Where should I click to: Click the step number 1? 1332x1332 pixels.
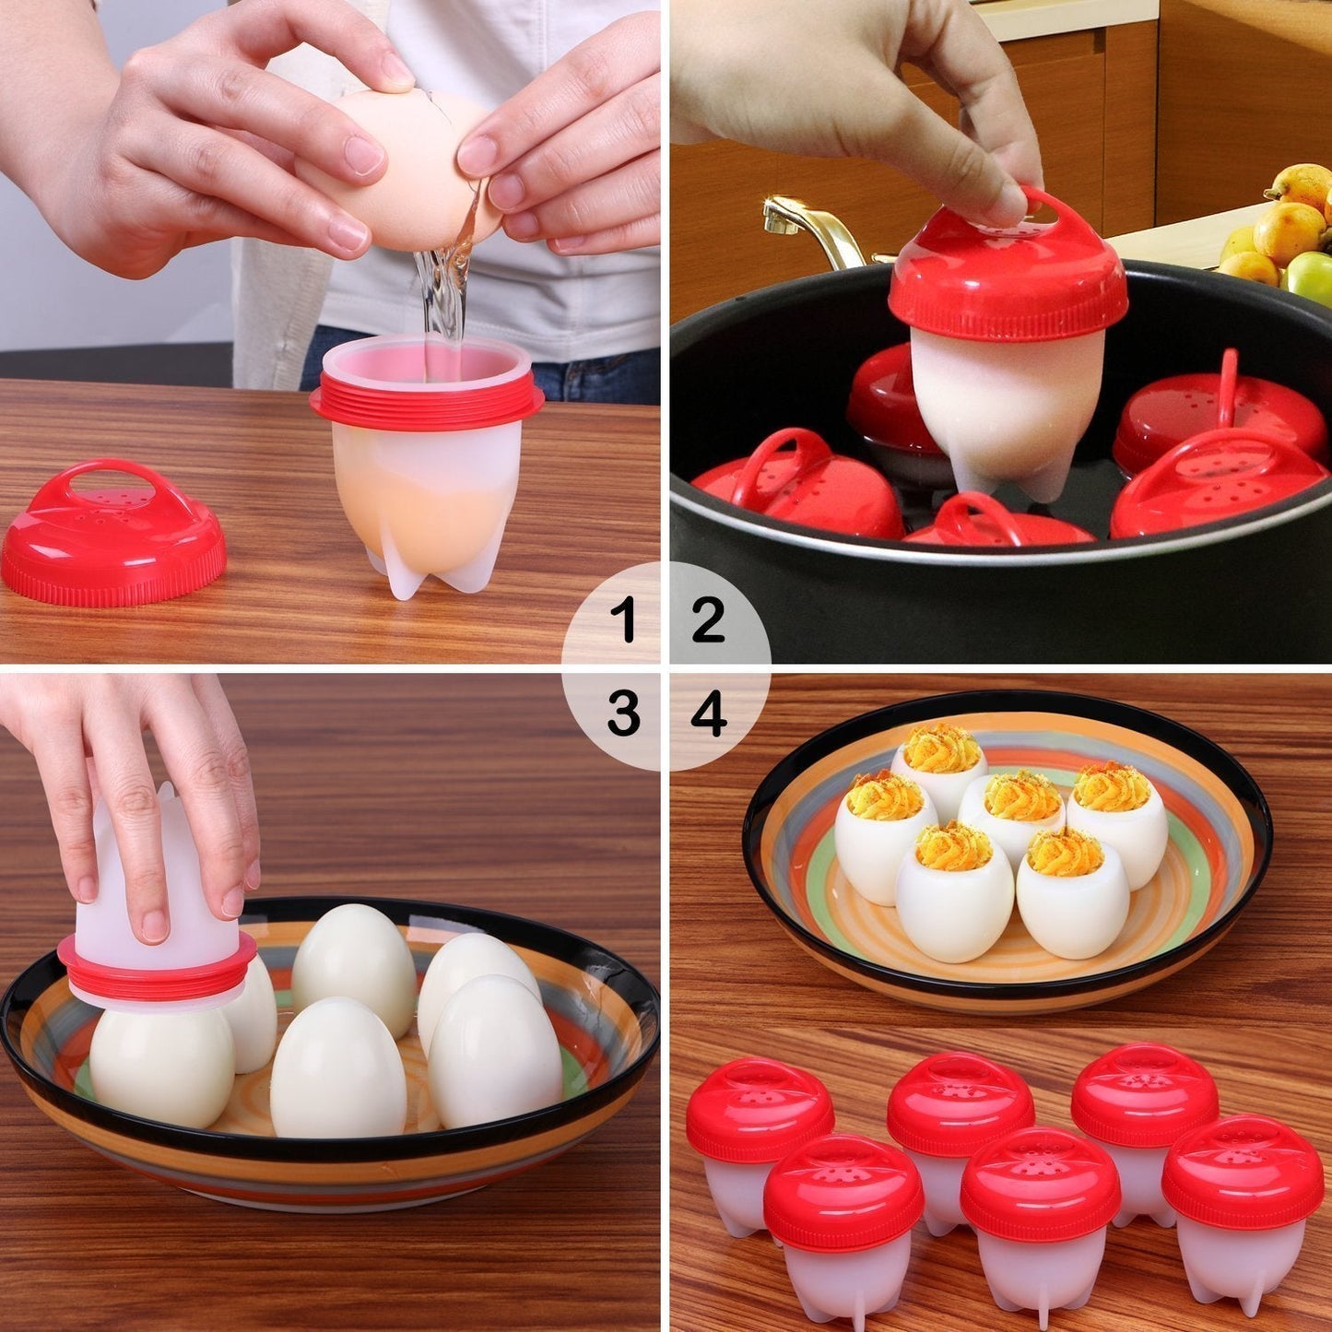627,619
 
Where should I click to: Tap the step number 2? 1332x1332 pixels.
708,619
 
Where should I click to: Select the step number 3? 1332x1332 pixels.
624,713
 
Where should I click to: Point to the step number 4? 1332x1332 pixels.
708,713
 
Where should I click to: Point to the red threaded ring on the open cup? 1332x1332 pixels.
426,406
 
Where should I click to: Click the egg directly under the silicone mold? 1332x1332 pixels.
161,1065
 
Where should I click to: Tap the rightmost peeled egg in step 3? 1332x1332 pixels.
495,1051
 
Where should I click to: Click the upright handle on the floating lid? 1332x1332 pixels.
1229,387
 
